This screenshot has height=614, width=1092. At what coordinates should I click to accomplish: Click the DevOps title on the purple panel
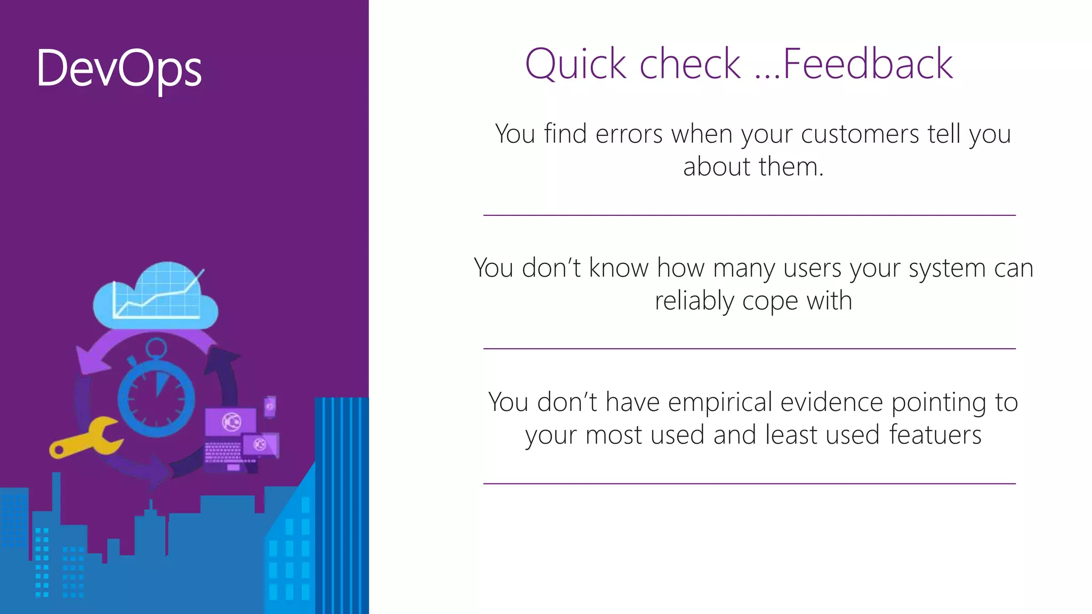click(119, 68)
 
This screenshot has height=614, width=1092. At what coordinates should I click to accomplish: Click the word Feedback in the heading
click(868, 64)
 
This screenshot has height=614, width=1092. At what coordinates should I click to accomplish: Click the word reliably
click(694, 301)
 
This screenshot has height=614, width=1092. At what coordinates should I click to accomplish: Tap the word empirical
click(720, 402)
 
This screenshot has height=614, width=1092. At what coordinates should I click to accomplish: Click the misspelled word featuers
click(935, 435)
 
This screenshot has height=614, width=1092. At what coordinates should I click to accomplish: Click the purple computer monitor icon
click(230, 422)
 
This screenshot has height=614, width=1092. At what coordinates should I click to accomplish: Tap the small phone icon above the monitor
click(270, 406)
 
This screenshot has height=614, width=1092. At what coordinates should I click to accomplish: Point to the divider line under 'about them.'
click(749, 215)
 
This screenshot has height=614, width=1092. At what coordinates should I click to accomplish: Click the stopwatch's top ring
click(156, 349)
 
